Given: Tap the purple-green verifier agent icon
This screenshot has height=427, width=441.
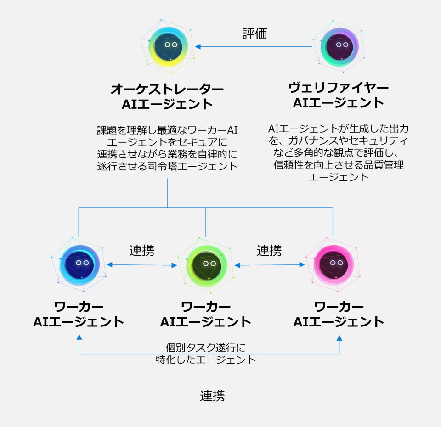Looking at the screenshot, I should pos(340,46).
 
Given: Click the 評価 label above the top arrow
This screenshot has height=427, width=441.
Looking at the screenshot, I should pos(254,34).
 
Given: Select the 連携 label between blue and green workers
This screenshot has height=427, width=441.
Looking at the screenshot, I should pos(141,251).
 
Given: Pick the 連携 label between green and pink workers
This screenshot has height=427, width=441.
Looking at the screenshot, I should pos(269,251).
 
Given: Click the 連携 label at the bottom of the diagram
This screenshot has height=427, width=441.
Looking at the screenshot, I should pos(212,396).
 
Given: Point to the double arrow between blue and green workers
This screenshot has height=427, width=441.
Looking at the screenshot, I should pos(142,265).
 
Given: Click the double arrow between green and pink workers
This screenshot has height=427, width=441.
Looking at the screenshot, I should pos(270,265).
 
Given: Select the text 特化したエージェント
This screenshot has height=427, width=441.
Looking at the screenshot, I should pos(206,360).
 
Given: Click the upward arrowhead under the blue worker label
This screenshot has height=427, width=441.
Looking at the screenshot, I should pos(79,337).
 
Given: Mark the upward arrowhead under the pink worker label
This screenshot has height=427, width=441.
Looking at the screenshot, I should pos(339,337).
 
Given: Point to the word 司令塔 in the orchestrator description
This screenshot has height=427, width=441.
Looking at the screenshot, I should pos(179,166).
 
